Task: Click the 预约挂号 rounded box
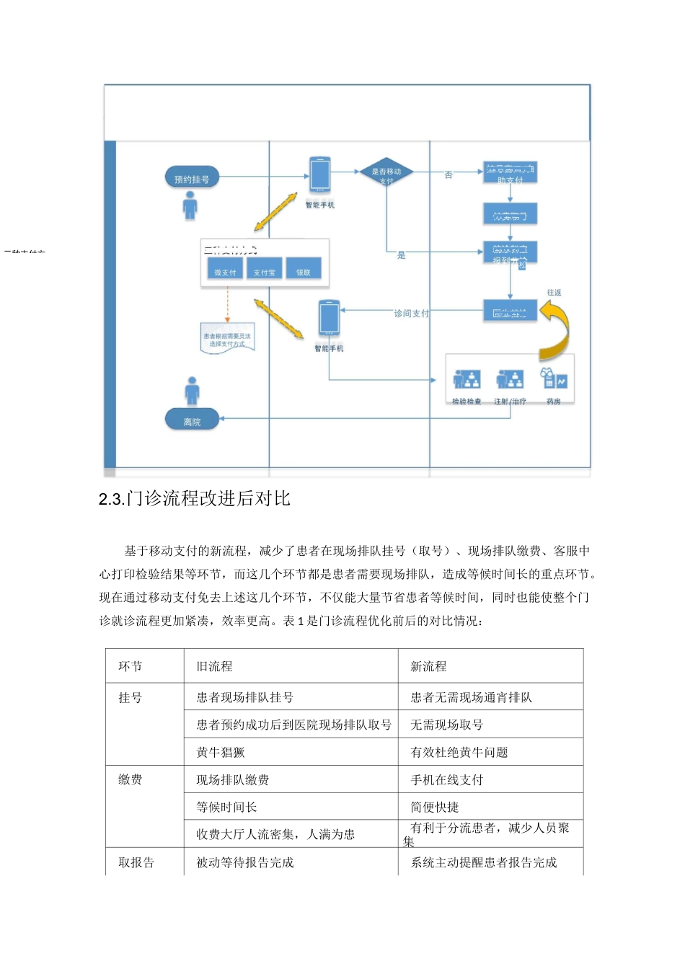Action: (x=191, y=178)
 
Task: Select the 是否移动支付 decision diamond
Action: (x=386, y=173)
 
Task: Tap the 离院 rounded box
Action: (x=192, y=421)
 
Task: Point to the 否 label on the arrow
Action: (x=448, y=175)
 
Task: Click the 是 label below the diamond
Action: (x=402, y=255)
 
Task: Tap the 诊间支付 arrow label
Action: (x=411, y=314)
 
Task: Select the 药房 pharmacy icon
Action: (x=554, y=380)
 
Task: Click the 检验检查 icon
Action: (x=467, y=380)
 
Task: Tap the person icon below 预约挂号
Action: (x=190, y=205)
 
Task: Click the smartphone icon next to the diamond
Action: (x=319, y=174)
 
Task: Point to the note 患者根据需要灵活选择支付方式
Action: (x=227, y=339)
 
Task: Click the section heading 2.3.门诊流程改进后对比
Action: (x=195, y=499)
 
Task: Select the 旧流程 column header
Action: (x=215, y=666)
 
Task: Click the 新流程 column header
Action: (x=428, y=666)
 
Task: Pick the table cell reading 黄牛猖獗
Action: (x=221, y=752)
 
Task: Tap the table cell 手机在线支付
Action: (x=447, y=779)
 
